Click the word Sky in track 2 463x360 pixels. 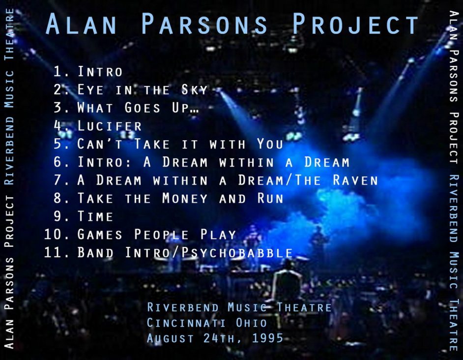point(194,89)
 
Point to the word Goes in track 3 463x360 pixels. point(143,108)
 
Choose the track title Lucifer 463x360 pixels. point(110,126)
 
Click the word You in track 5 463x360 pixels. point(270,144)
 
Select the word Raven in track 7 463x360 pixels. point(355,180)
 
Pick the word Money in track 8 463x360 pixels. point(185,198)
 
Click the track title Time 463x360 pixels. point(95,216)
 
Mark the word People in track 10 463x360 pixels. point(162,235)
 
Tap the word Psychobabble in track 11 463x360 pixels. point(237,252)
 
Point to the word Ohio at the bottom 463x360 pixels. point(251,323)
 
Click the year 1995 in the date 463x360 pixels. point(267,338)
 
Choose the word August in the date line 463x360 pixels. point(171,338)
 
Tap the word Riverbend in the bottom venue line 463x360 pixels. point(183,307)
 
